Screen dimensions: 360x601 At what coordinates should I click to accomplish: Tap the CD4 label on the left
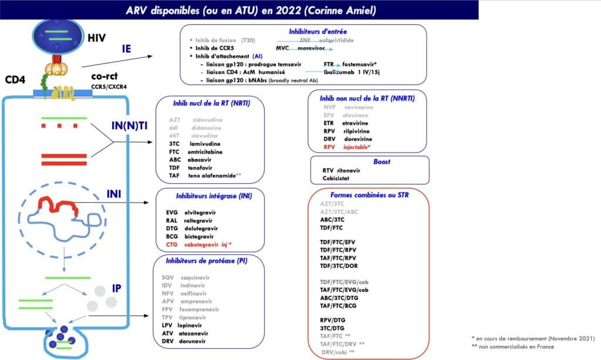15,79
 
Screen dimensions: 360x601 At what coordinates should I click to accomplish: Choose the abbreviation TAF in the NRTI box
174,175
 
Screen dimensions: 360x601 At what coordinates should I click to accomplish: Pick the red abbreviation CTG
172,244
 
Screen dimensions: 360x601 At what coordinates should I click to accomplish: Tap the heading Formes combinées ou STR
369,194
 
